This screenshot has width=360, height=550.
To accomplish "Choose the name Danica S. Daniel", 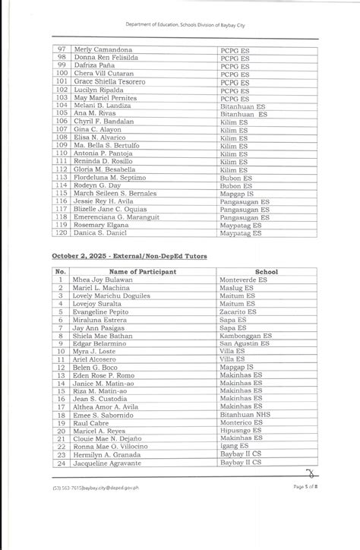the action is tap(96, 232).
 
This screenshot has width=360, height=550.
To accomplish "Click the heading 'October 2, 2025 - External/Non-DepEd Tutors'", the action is tap(129, 258).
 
